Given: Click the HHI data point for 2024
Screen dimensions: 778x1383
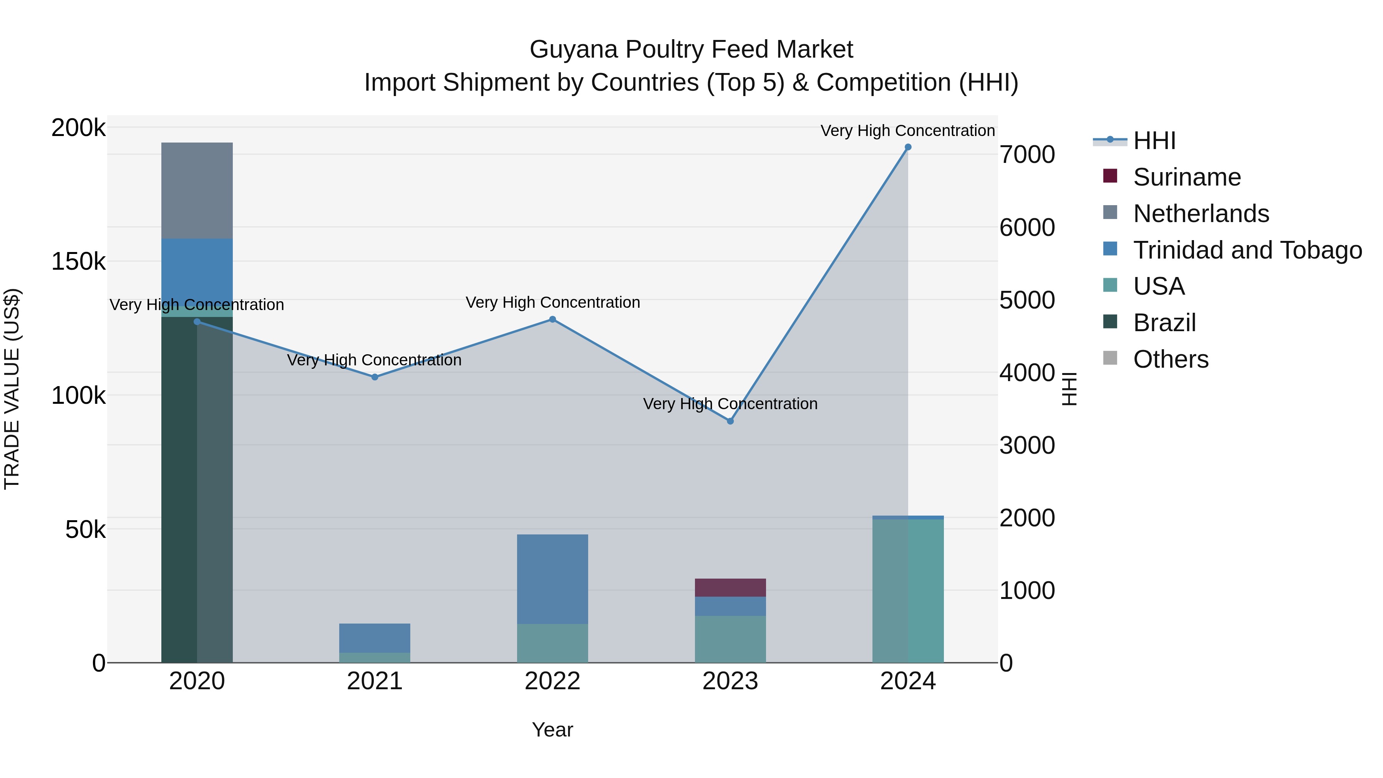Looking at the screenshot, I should click(908, 147).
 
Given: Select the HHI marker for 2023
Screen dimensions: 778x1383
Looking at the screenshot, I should click(730, 421).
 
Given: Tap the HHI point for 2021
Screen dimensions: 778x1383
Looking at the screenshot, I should click(375, 377).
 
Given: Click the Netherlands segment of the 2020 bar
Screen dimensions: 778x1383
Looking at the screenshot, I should click(197, 191).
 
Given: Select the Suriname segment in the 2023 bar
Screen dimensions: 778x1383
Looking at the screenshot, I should click(730, 587).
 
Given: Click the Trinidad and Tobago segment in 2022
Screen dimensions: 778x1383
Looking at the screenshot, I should click(552, 579).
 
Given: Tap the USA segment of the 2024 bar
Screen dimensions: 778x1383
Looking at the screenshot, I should click(908, 591).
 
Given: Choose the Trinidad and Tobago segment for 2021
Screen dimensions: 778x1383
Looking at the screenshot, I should click(375, 638).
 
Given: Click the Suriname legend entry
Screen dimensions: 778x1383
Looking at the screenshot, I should click(1187, 177).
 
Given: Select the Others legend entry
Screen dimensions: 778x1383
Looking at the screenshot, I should click(1171, 359).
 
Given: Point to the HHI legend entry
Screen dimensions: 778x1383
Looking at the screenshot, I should click(1154, 141).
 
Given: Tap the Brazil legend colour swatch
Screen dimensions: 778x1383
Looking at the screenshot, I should click(1110, 322).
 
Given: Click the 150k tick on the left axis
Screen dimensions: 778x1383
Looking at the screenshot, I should click(78, 262).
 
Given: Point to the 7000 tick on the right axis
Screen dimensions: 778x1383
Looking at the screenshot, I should click(1027, 154).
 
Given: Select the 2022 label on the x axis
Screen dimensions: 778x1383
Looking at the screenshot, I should click(552, 681).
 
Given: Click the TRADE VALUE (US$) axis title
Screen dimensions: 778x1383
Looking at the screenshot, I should click(12, 389).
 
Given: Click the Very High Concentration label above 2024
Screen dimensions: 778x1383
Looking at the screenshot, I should click(907, 131).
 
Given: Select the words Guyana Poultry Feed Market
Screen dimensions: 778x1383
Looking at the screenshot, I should click(691, 50).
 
